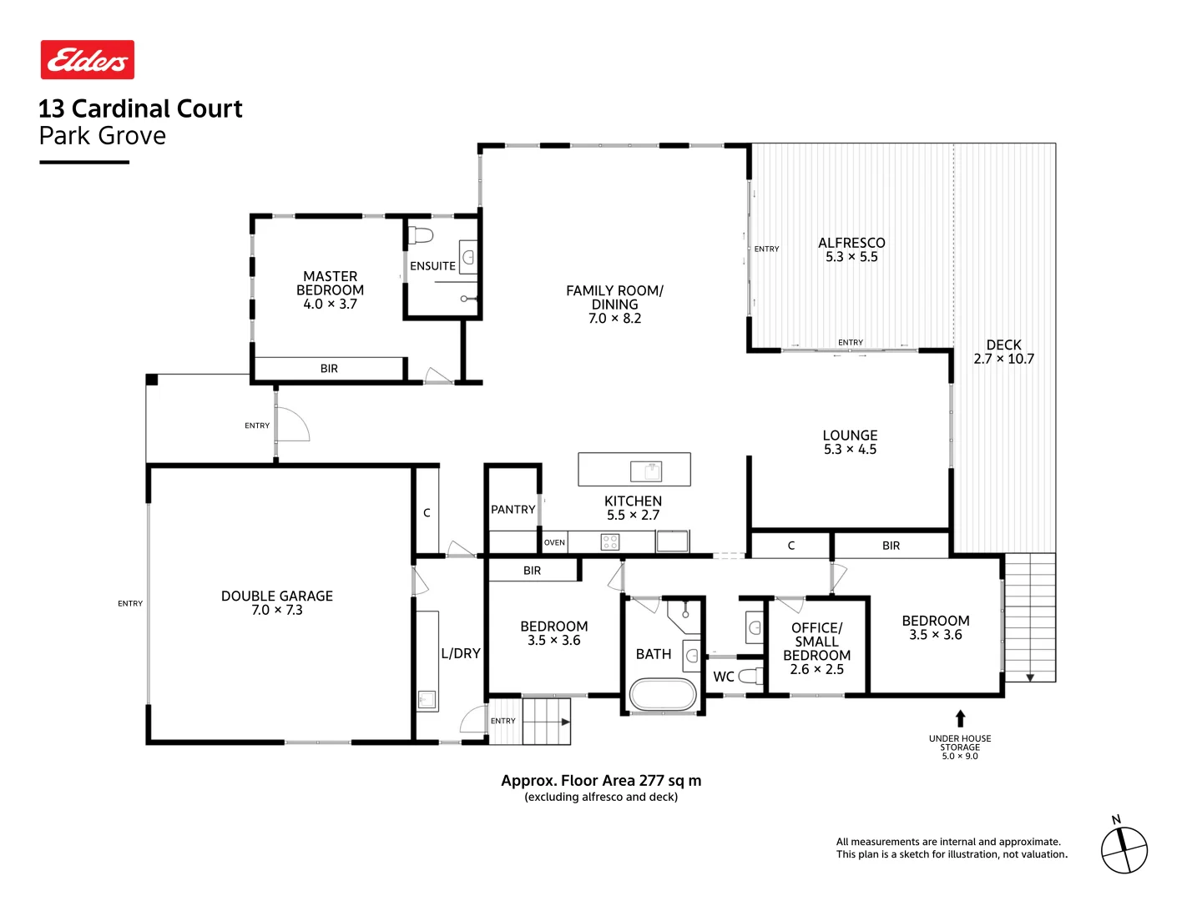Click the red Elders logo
click(87, 59)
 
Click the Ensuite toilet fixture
click(421, 236)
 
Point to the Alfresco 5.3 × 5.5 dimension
click(851, 257)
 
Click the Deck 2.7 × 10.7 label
click(1004, 352)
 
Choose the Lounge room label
click(850, 442)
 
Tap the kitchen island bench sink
click(645, 471)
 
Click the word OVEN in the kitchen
click(554, 542)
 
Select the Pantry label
click(513, 509)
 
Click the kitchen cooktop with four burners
click(610, 541)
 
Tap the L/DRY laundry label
click(461, 653)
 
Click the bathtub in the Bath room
click(663, 694)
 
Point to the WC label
click(724, 677)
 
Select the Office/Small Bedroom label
click(816, 648)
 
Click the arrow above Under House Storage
click(960, 718)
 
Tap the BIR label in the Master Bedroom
click(329, 369)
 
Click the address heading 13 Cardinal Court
click(140, 108)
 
